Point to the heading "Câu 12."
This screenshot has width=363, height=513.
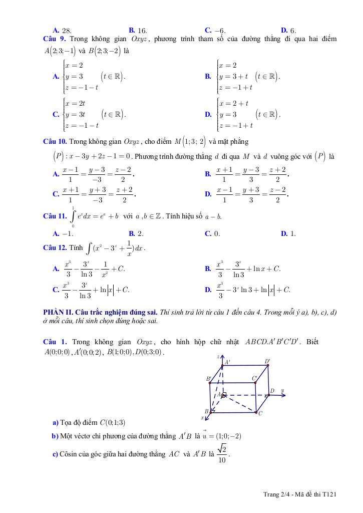point(55,248)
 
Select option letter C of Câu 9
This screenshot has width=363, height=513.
point(56,114)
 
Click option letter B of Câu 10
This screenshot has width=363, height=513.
point(208,174)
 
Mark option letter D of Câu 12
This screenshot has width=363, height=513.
point(208,290)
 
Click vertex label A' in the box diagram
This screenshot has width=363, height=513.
point(227,362)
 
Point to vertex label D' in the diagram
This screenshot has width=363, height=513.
point(267,361)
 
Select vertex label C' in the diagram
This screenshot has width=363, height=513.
point(254,378)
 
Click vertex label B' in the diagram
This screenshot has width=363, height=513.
point(209,379)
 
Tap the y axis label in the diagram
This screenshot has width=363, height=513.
point(282,390)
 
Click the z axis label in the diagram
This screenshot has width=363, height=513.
point(219,356)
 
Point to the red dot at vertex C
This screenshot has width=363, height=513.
point(256,412)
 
